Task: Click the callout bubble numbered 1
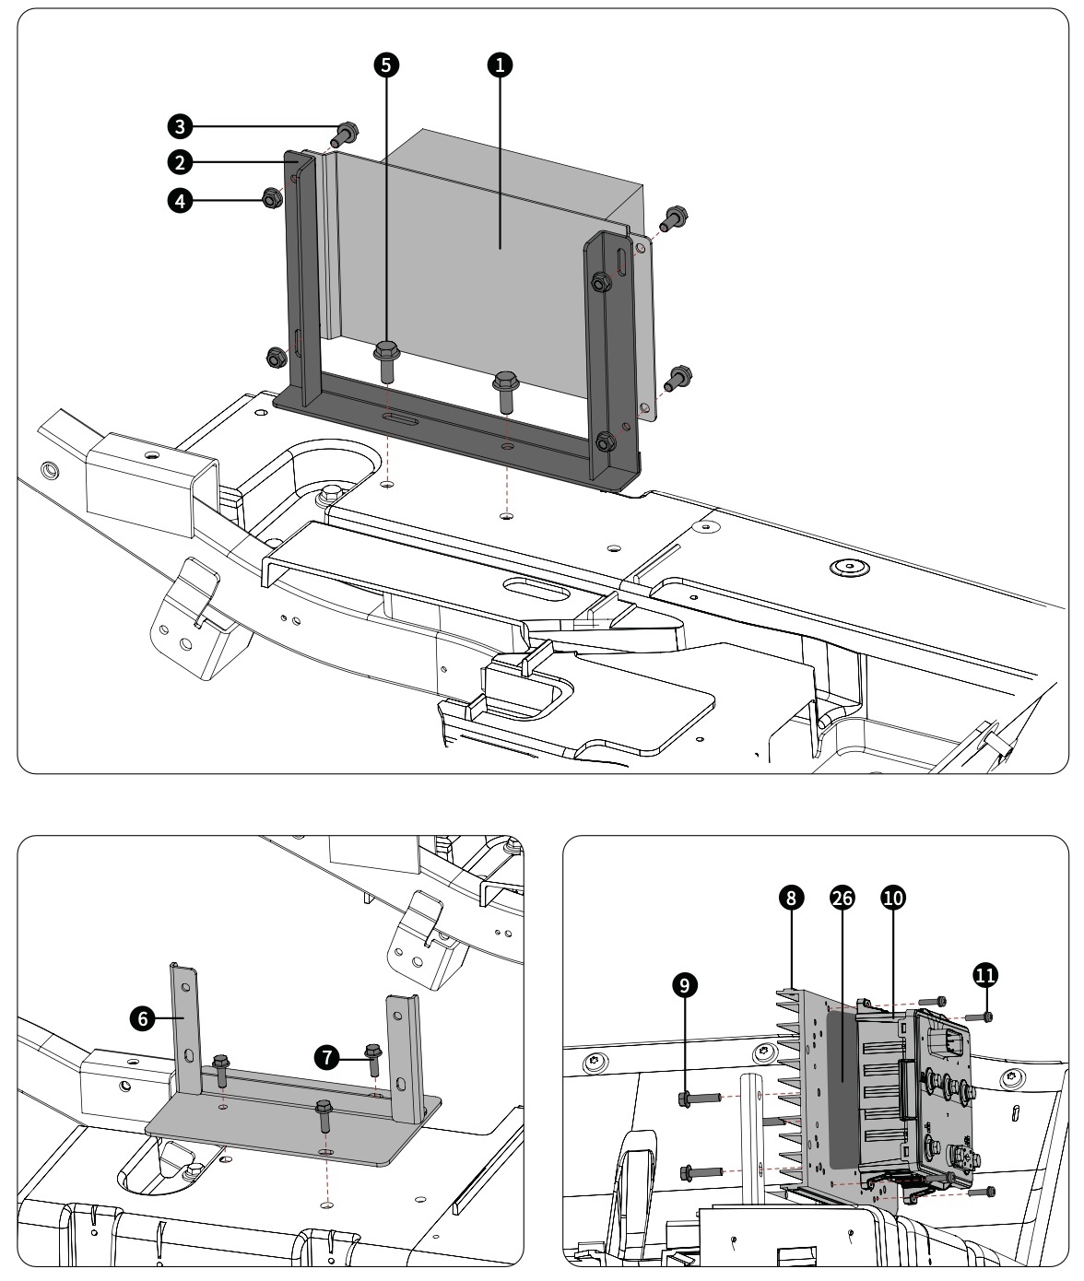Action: (x=501, y=65)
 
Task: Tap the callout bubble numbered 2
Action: (x=180, y=163)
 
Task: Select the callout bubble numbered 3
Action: (x=180, y=127)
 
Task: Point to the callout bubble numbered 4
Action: (x=180, y=201)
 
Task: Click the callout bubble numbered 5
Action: (x=386, y=65)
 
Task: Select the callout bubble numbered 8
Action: (x=791, y=898)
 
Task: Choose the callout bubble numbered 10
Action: (x=892, y=898)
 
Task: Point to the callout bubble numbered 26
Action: (x=842, y=898)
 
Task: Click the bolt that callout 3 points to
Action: (x=344, y=135)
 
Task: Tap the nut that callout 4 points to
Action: (x=272, y=198)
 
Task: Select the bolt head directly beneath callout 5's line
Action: (x=386, y=352)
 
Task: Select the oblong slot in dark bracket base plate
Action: (x=400, y=419)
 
